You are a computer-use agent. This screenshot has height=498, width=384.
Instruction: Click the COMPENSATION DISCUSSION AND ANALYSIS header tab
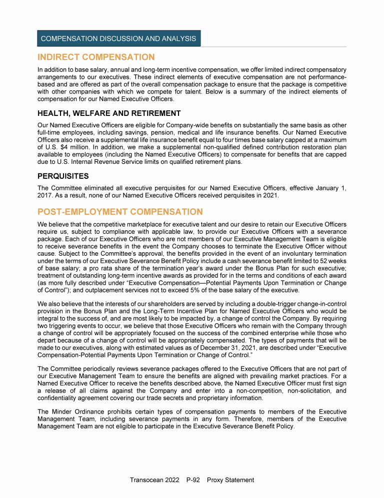[118, 38]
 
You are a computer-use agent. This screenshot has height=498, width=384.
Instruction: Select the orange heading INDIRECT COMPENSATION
[96, 57]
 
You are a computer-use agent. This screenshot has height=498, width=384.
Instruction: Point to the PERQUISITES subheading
[63, 176]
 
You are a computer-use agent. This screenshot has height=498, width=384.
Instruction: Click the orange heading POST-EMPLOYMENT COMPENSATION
[120, 212]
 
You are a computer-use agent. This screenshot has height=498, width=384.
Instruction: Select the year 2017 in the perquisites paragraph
[45, 195]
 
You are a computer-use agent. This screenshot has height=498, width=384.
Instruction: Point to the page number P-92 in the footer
[191, 480]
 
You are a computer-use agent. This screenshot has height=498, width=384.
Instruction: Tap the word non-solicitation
[287, 391]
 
